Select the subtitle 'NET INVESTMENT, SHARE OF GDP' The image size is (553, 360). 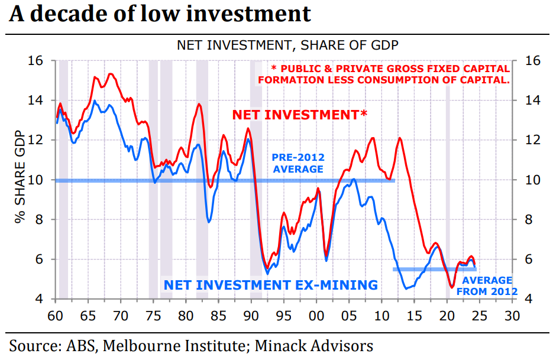click(287, 46)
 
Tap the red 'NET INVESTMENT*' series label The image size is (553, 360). click(299, 115)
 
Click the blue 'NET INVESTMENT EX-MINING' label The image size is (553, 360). click(271, 285)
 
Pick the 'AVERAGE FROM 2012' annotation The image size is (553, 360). click(489, 286)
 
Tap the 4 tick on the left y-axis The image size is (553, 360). click(39, 299)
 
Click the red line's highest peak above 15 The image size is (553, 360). click(111, 74)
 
